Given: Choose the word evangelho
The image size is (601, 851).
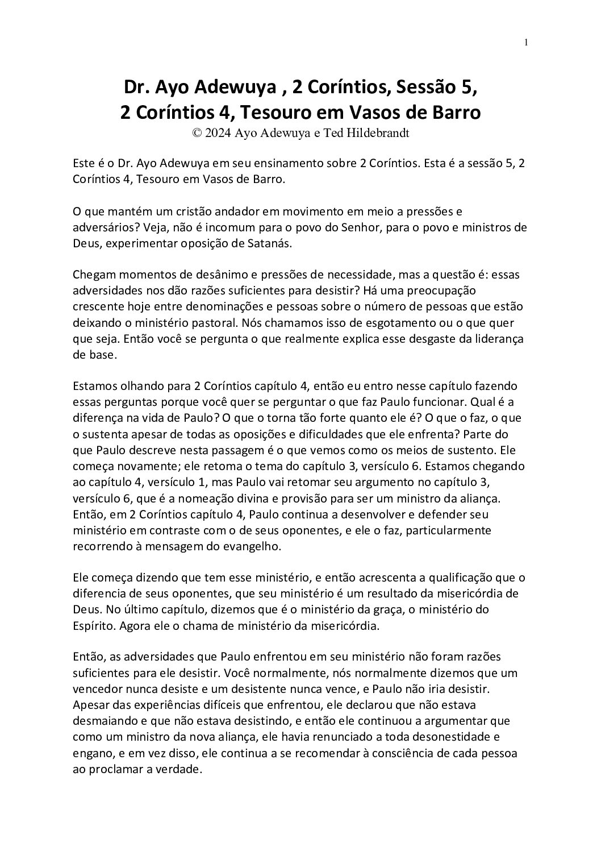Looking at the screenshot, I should click(x=249, y=546).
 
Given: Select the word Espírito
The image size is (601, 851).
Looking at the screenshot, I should click(x=91, y=625).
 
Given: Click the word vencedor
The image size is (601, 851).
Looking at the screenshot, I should click(x=97, y=689).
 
